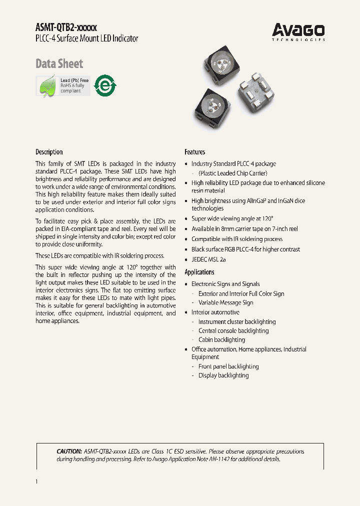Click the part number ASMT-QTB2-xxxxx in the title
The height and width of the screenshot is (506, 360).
click(x=66, y=28)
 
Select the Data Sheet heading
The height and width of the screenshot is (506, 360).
click(x=59, y=64)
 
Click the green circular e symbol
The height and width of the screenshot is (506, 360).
click(x=105, y=85)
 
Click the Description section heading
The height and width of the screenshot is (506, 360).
click(x=49, y=152)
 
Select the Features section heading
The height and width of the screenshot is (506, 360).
click(x=194, y=152)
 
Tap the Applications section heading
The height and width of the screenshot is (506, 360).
click(x=199, y=272)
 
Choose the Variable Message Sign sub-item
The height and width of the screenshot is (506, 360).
click(x=225, y=302)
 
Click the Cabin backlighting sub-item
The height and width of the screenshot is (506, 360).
click(x=221, y=340)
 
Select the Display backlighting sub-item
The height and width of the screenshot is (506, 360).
click(x=223, y=375)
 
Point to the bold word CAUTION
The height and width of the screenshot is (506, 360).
click(x=69, y=451)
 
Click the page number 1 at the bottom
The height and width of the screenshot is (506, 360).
click(x=37, y=481)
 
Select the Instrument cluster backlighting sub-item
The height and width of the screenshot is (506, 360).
click(x=236, y=322)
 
